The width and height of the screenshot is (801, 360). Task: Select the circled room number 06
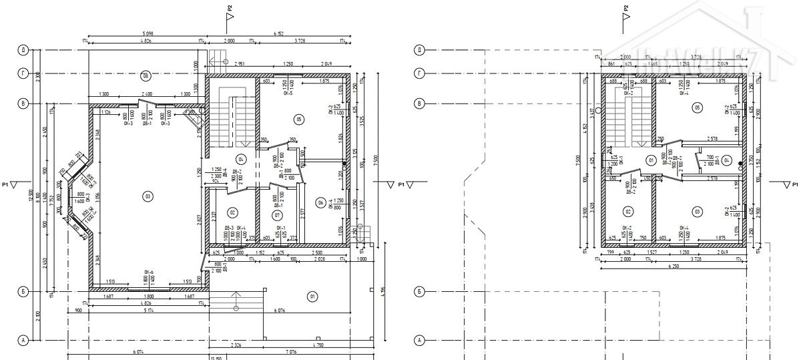click(x=320, y=204)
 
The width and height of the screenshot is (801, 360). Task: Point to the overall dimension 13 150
click(x=215, y=357)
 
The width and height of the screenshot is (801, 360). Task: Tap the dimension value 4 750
click(x=318, y=345)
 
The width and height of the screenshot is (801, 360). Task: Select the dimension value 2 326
click(x=236, y=345)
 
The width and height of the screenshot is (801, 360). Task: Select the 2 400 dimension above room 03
click(x=147, y=95)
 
